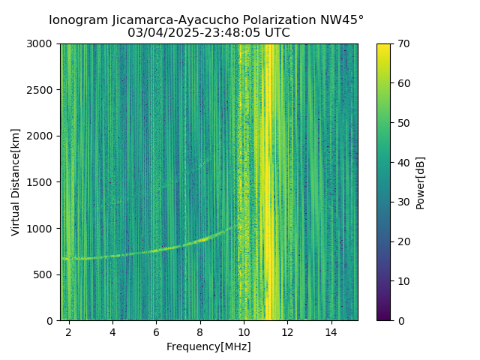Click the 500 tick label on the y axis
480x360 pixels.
pyautogui.click(x=46, y=274)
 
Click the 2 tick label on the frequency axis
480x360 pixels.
pyautogui.click(x=69, y=331)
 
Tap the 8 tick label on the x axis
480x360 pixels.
pyautogui.click(x=200, y=331)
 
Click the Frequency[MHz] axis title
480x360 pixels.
pyautogui.click(x=209, y=346)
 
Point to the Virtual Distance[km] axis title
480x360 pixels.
pyautogui.click(x=16, y=182)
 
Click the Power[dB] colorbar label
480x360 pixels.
pyautogui.click(x=421, y=182)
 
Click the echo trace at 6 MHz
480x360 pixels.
pyautogui.click(x=156, y=250)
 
